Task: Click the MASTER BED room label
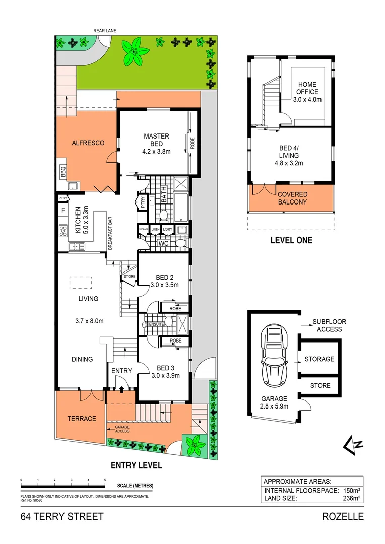pyautogui.click(x=156, y=141)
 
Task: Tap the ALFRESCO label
pyautogui.click(x=87, y=143)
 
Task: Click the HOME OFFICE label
pyautogui.click(x=307, y=92)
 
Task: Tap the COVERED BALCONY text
pyautogui.click(x=292, y=198)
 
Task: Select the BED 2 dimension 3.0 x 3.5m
pyautogui.click(x=164, y=285)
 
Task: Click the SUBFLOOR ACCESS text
pyautogui.click(x=329, y=325)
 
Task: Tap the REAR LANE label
pyautogui.click(x=105, y=31)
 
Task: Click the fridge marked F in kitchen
pyautogui.click(x=63, y=210)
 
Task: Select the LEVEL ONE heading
pyautogui.click(x=291, y=240)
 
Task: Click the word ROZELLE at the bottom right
pyautogui.click(x=343, y=516)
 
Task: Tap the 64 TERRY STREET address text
pyautogui.click(x=62, y=516)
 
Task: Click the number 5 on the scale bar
pyautogui.click(x=105, y=480)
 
